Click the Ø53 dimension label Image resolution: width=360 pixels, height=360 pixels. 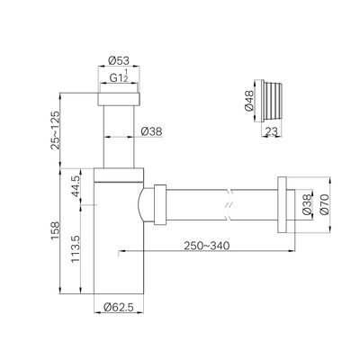point(119,61)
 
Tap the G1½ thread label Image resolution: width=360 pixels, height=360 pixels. point(119,76)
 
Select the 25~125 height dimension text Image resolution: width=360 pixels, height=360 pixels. point(55,130)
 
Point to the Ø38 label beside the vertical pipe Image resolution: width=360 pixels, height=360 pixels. point(151,131)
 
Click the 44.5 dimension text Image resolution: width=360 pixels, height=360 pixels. point(76,186)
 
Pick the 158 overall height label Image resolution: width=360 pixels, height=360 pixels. point(55,230)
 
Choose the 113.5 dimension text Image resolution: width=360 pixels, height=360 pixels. point(76,248)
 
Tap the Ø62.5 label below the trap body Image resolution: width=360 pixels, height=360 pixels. point(119,307)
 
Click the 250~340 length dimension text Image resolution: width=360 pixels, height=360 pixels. point(207,246)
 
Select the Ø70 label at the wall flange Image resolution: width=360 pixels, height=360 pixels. point(325,204)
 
